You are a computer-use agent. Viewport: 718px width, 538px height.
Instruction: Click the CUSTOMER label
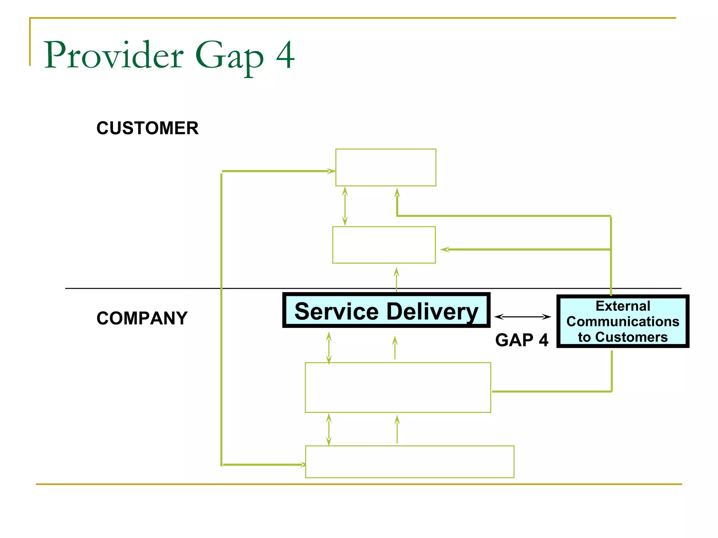147,128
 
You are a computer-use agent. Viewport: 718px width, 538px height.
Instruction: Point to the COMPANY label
142,318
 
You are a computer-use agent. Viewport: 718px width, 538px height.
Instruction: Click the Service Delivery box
386,311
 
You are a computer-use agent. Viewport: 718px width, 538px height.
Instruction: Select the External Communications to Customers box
623,321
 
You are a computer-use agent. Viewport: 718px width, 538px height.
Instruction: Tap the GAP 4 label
521,340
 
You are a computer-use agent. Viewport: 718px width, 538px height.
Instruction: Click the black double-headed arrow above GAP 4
522,317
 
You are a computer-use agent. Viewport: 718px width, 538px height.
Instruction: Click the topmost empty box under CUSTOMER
386,167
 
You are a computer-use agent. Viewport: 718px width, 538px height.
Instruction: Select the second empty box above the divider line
384,245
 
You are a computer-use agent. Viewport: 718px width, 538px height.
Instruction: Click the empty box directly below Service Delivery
398,387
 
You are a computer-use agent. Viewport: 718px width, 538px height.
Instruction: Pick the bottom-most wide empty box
409,462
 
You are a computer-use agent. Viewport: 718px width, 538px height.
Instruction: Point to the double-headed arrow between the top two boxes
345,206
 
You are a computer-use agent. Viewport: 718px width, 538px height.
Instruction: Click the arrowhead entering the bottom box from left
303,465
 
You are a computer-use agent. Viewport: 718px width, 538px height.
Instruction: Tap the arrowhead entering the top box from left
331,171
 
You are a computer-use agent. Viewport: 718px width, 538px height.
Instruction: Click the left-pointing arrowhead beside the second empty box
445,249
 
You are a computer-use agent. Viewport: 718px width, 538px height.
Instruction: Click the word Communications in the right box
623,322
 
